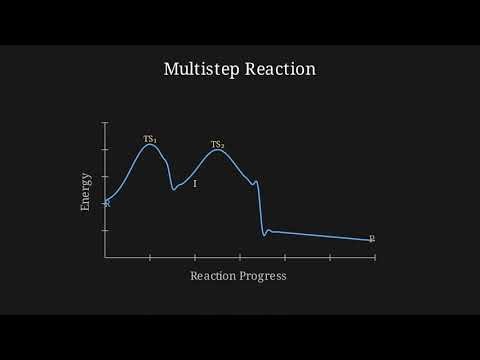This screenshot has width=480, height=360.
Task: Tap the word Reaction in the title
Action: (x=280, y=70)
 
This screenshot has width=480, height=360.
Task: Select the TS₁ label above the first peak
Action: (x=150, y=138)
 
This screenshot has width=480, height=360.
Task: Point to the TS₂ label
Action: (x=217, y=145)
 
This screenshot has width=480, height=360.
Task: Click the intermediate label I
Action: (x=194, y=185)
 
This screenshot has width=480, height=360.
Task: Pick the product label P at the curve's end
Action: (x=372, y=239)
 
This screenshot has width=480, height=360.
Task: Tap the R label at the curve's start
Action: (x=106, y=203)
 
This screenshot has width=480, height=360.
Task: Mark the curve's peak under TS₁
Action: (x=150, y=145)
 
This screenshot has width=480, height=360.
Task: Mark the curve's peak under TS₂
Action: (x=216, y=151)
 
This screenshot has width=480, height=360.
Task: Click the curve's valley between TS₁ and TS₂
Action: (x=174, y=188)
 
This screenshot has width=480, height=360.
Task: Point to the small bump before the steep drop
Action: (x=256, y=181)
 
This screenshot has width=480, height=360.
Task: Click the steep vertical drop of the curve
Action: (x=260, y=210)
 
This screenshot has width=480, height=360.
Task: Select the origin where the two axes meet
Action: (x=105, y=257)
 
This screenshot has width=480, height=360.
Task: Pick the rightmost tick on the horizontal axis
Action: (x=375, y=257)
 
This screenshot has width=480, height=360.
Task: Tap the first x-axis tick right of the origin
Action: (x=150, y=257)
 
